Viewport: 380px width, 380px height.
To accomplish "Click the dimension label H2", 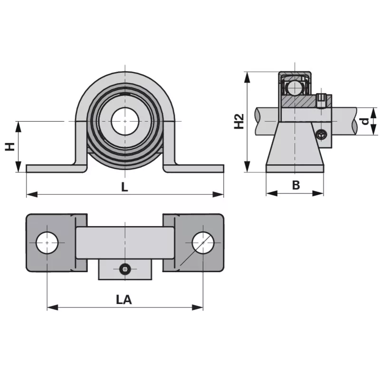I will (x=239, y=121).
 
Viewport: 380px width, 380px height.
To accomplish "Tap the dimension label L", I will (x=124, y=187).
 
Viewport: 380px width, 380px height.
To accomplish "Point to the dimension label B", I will (x=295, y=185).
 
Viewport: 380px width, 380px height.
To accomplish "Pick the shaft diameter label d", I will (x=365, y=121).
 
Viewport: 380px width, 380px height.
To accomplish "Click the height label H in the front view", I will (x=9, y=146).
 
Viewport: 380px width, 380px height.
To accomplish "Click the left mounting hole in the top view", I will (x=47, y=243).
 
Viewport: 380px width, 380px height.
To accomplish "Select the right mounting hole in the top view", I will (x=203, y=243).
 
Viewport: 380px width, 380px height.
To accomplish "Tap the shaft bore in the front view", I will (x=125, y=122).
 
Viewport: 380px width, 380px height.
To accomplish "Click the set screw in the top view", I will (x=125, y=269).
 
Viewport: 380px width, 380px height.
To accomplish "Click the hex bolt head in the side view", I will (x=323, y=134).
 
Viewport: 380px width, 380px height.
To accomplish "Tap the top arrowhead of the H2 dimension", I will (x=247, y=75).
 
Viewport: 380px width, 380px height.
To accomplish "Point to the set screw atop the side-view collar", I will (x=323, y=100).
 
